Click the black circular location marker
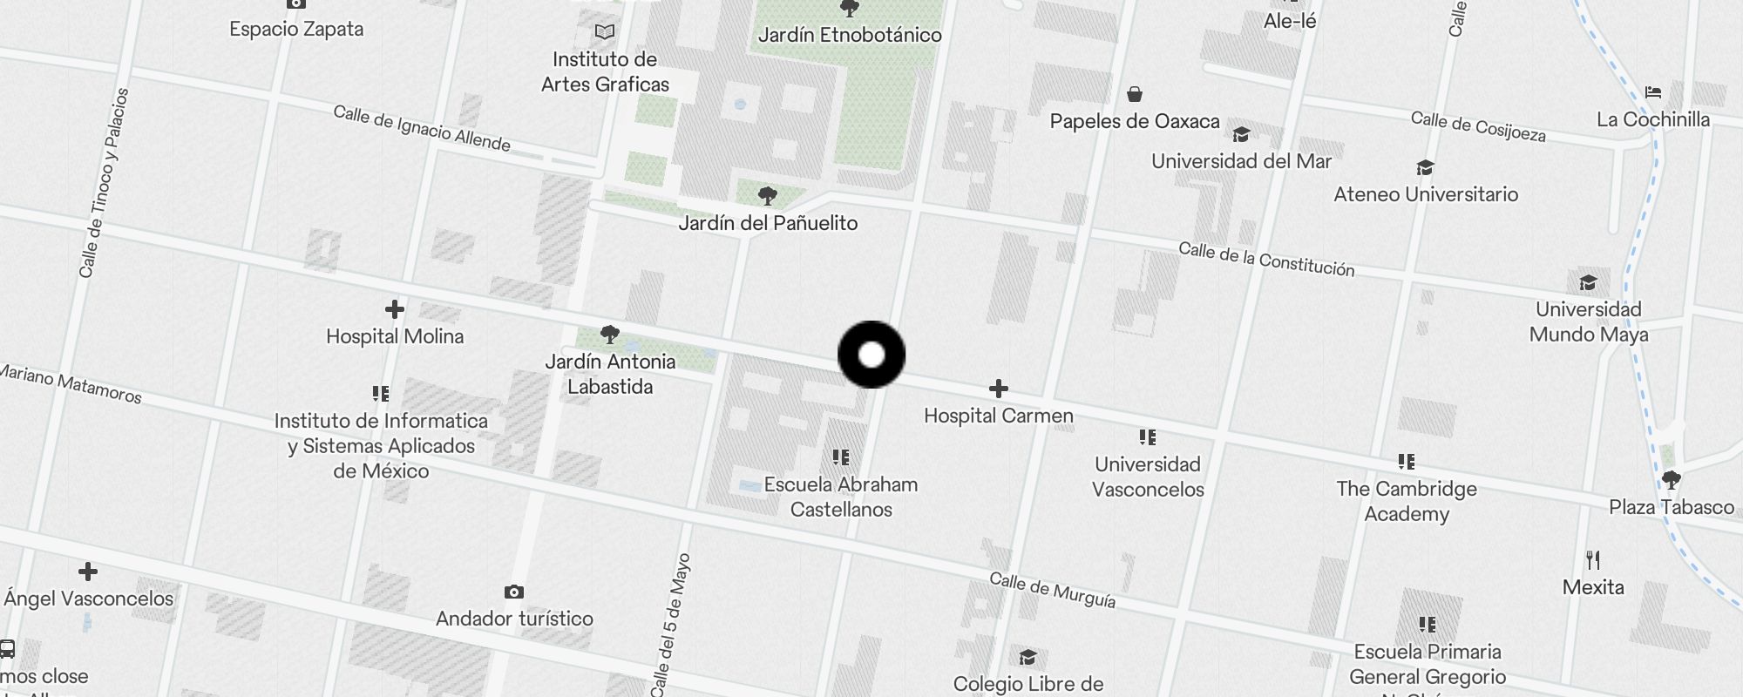pos(871,355)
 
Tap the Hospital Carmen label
pos(998,416)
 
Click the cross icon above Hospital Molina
pos(395,309)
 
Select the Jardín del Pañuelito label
pos(768,223)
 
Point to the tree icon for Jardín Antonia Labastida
pos(610,334)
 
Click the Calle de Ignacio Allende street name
pos(422,128)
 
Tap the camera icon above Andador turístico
pos(514,592)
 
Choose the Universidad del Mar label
pos(1241,161)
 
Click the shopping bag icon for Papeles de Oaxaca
pos(1135,94)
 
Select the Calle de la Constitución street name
pos(1266,260)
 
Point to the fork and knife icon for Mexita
pos(1593,559)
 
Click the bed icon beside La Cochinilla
pos(1653,92)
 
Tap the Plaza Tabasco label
pos(1671,507)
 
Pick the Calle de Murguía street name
pos(1052,590)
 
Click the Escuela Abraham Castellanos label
pos(841,497)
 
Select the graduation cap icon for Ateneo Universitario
pos(1425,167)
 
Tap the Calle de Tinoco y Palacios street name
pos(104,183)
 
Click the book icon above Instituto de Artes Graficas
pos(605,32)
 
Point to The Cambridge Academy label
pos(1407,501)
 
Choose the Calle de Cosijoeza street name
pos(1478,126)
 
